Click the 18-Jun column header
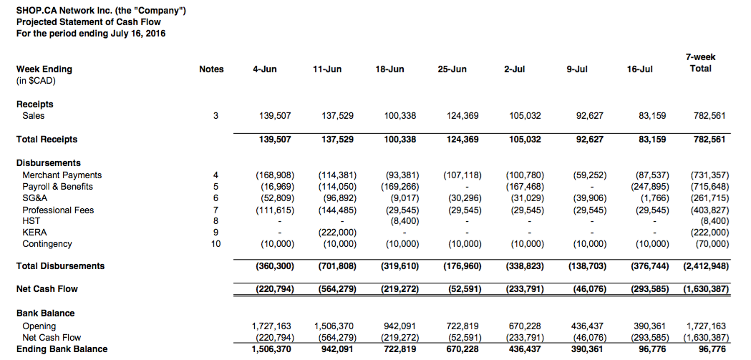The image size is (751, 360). pos(389,69)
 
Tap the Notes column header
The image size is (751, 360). pos(211,69)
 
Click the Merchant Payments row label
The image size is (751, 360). pos(62,175)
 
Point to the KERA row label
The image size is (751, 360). pos(35,233)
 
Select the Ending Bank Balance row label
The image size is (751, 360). pos(62,349)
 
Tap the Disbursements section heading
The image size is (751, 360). pos(49,163)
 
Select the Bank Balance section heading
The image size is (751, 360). pos(46,313)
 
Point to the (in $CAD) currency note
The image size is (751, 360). pos(36,80)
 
